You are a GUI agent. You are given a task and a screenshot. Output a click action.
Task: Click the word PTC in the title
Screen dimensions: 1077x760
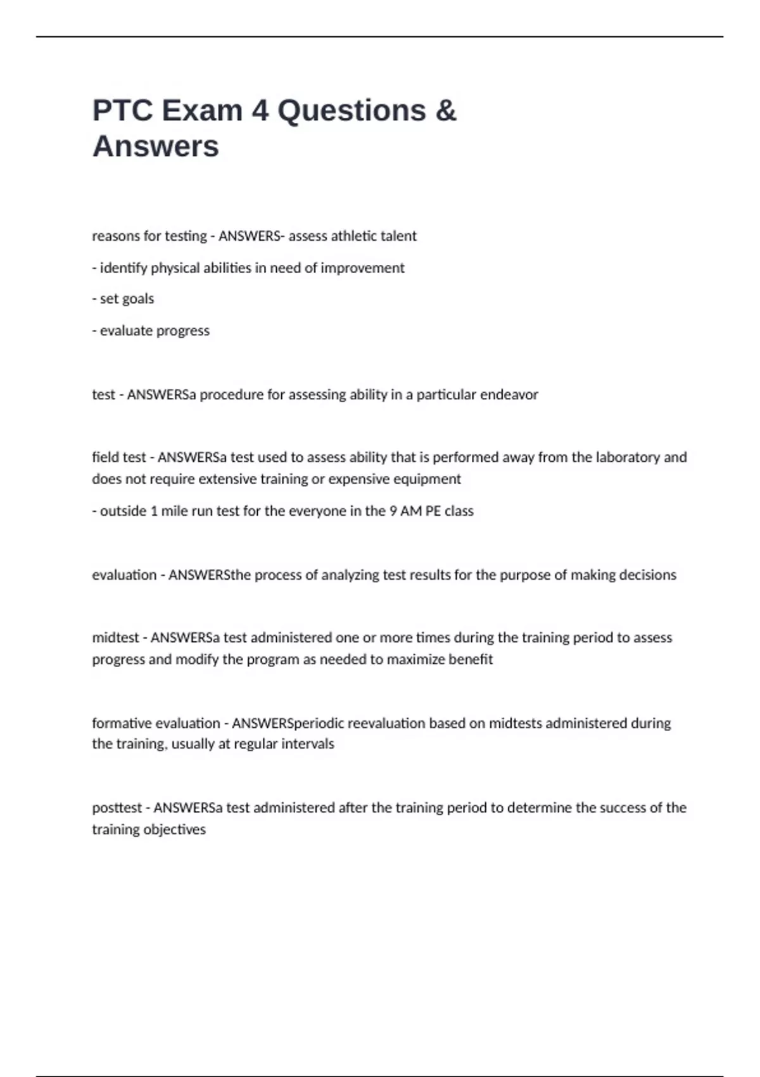123,111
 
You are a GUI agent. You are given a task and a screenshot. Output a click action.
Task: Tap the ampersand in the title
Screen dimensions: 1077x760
446,111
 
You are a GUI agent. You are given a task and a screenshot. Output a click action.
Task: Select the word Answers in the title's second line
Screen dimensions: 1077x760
156,146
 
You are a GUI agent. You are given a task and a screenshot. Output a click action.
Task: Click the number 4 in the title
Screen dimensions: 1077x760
260,111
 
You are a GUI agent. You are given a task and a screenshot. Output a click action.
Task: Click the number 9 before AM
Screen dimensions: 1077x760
393,511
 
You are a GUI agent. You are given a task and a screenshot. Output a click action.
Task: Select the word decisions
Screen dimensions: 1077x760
647,575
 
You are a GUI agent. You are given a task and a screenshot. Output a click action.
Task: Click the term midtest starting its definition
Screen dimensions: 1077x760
115,637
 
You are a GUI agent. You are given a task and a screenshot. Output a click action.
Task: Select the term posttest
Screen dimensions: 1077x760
117,808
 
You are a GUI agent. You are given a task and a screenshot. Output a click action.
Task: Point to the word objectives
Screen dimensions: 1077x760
176,829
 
